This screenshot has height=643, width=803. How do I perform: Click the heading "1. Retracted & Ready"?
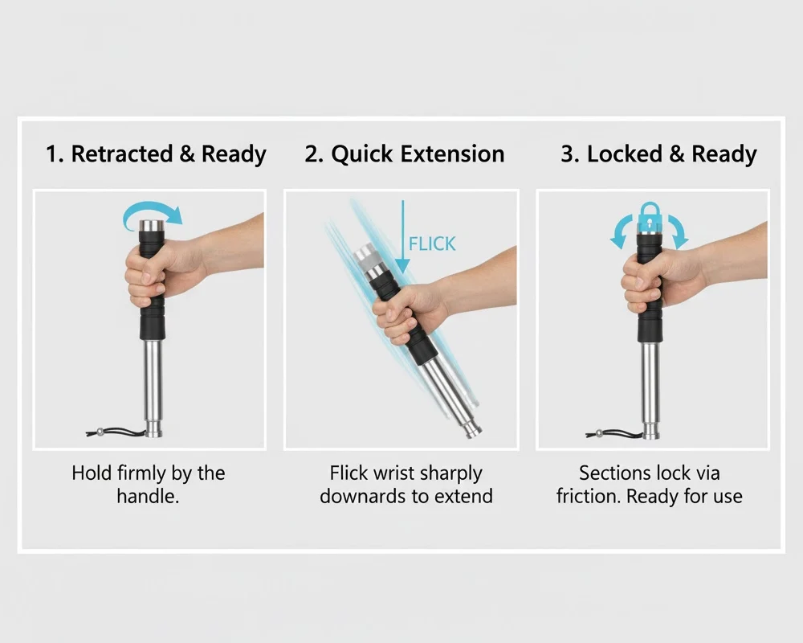click(x=156, y=154)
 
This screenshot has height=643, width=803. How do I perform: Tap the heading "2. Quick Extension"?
click(x=405, y=154)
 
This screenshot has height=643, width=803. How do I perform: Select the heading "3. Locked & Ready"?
click(x=658, y=154)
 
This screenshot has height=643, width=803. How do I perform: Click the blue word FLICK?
click(x=432, y=244)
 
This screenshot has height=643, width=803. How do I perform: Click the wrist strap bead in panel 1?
click(x=100, y=432)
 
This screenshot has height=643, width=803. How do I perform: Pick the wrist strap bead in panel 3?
click(x=599, y=434)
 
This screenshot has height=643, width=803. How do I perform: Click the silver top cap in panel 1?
click(x=152, y=226)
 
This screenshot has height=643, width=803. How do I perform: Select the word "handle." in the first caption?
click(x=148, y=497)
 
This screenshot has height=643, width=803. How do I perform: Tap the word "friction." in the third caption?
click(x=589, y=497)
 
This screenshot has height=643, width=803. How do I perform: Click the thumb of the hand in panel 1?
click(x=146, y=276)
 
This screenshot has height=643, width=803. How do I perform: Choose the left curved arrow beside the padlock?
click(x=621, y=230)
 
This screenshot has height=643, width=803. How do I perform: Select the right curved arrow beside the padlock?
click(x=678, y=230)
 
